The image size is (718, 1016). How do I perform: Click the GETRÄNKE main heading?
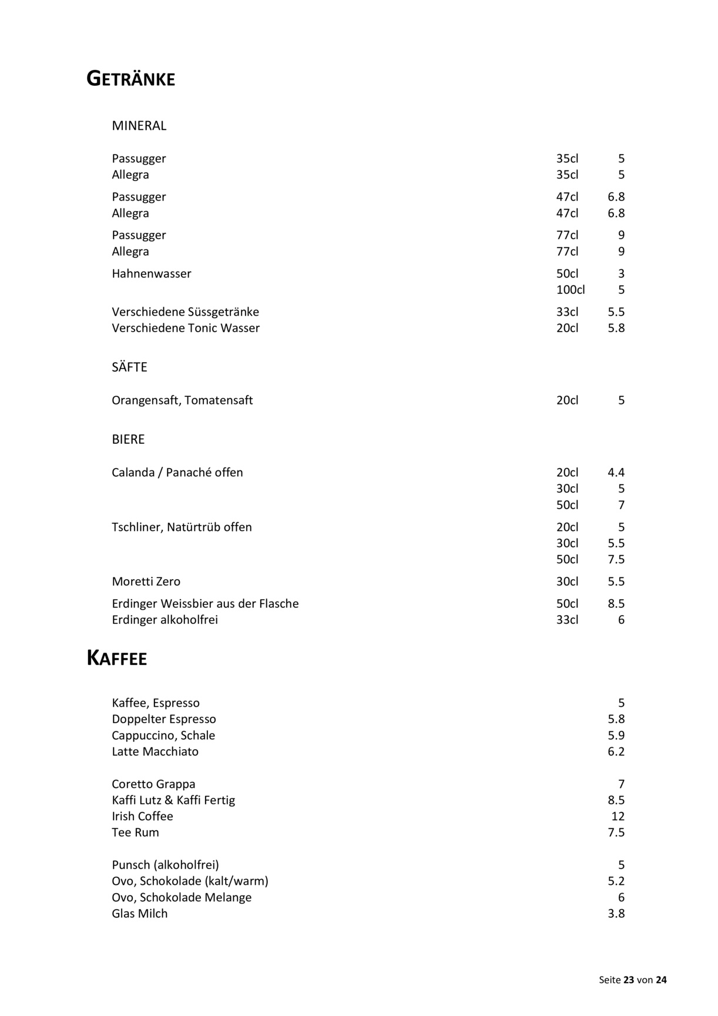pyautogui.click(x=130, y=78)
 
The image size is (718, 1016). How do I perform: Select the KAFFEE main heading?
pyautogui.click(x=116, y=659)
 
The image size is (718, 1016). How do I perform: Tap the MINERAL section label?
pyautogui.click(x=139, y=126)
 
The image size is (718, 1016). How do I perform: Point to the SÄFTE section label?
pyautogui.click(x=129, y=367)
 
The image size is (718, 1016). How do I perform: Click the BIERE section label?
pyautogui.click(x=128, y=440)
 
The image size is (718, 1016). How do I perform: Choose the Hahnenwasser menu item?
pyautogui.click(x=152, y=274)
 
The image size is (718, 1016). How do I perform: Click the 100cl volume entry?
pyautogui.click(x=570, y=290)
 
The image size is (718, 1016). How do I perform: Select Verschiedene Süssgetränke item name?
pyautogui.click(x=185, y=312)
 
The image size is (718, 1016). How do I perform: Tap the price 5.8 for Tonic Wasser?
pyautogui.click(x=616, y=328)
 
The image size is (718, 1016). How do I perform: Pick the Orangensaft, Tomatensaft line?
pyautogui.click(x=182, y=400)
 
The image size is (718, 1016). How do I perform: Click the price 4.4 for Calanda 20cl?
pyautogui.click(x=616, y=473)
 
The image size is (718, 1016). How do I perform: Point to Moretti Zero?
pyautogui.click(x=146, y=581)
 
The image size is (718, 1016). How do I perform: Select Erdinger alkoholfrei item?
pyautogui.click(x=165, y=620)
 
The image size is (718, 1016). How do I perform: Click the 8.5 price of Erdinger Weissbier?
pyautogui.click(x=616, y=604)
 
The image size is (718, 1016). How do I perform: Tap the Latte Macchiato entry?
pyautogui.click(x=155, y=751)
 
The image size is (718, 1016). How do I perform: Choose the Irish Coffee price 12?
pyautogui.click(x=618, y=816)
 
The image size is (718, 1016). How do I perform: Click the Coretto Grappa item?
pyautogui.click(x=153, y=784)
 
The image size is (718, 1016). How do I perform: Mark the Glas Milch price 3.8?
pyautogui.click(x=616, y=914)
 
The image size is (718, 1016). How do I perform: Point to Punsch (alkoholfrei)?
pyautogui.click(x=165, y=865)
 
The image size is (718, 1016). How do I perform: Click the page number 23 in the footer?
pyautogui.click(x=629, y=980)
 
